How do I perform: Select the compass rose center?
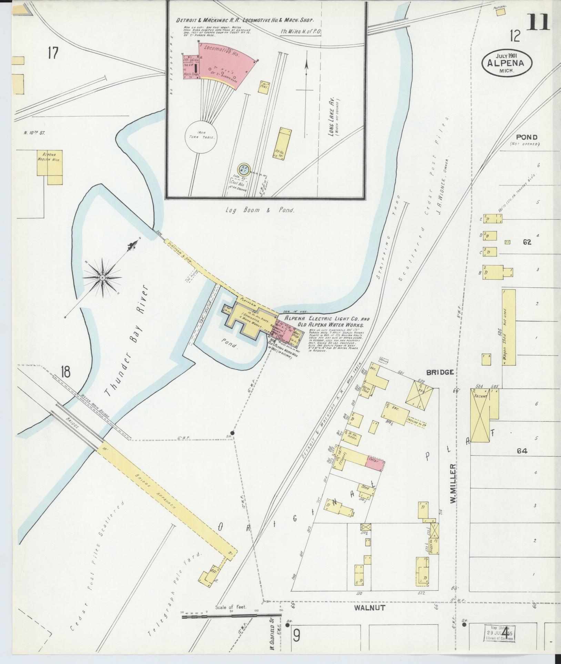tap(102, 277)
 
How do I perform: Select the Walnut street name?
tap(369, 618)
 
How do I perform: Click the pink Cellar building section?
tap(375, 461)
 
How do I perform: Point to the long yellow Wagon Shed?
tap(509, 327)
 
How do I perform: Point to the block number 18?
tap(65, 372)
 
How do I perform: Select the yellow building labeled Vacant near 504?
tap(480, 415)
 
